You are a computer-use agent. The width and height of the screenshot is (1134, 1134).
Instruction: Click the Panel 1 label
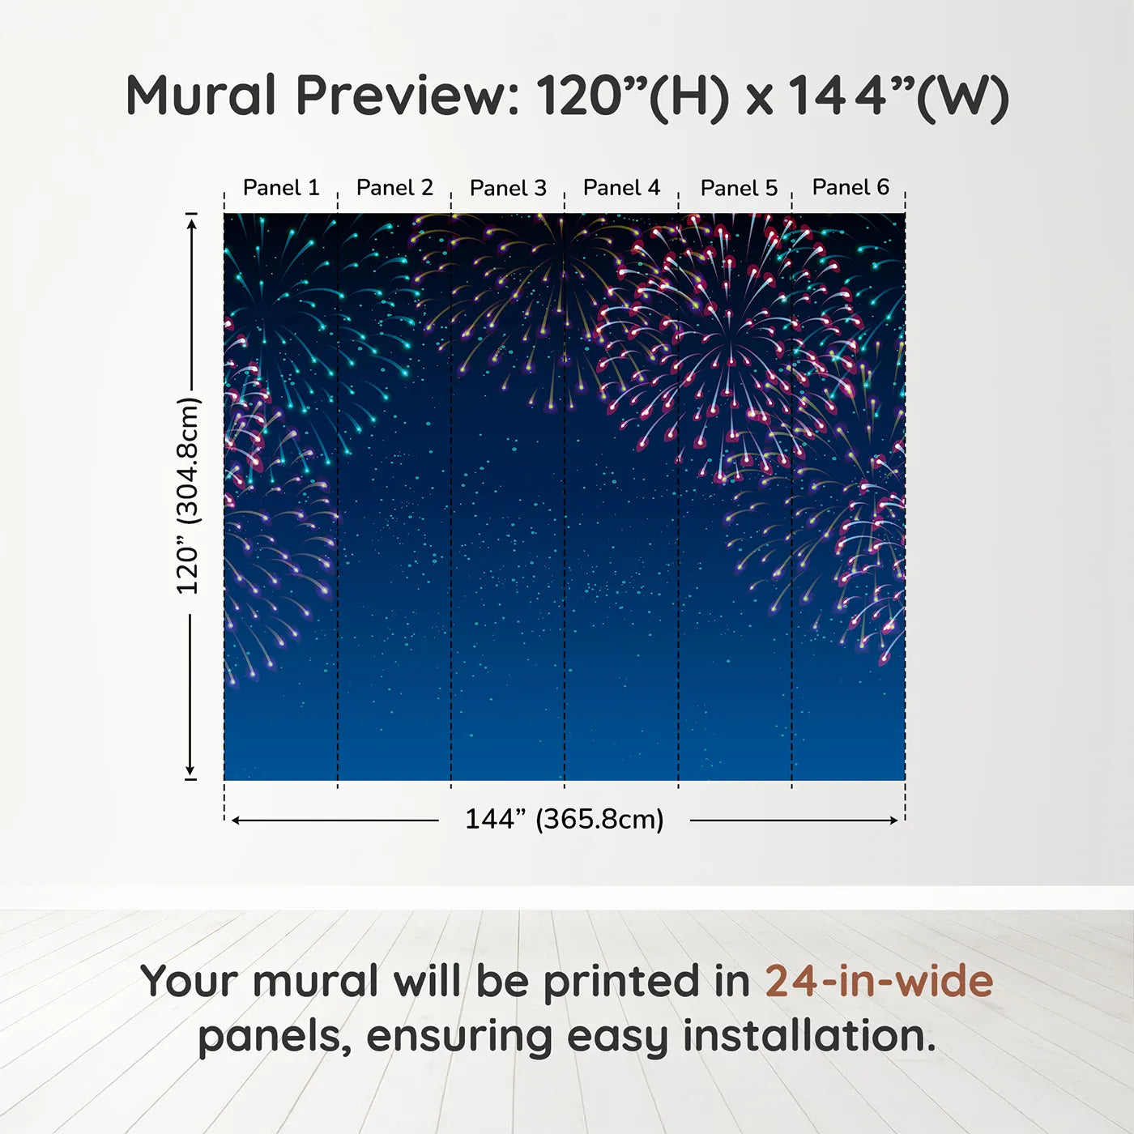click(x=281, y=188)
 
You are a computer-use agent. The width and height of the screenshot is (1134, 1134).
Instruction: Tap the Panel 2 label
click(x=394, y=188)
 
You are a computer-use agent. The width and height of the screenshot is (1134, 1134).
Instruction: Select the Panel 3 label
click(x=509, y=188)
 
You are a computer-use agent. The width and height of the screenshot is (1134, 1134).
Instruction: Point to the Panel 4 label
click(x=622, y=188)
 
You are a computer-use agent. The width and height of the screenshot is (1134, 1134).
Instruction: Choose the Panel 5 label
click(x=740, y=188)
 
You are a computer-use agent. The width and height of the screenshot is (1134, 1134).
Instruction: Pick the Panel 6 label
click(x=851, y=187)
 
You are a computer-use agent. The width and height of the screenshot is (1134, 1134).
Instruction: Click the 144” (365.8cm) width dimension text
click(x=565, y=819)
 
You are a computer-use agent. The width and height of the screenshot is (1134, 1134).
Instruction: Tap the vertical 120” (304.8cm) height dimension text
click(x=189, y=496)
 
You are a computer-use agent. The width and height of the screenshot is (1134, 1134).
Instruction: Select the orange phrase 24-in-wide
click(x=879, y=980)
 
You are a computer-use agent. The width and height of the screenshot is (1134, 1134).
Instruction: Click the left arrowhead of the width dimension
click(x=236, y=821)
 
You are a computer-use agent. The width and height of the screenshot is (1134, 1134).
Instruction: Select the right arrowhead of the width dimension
click(x=893, y=821)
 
